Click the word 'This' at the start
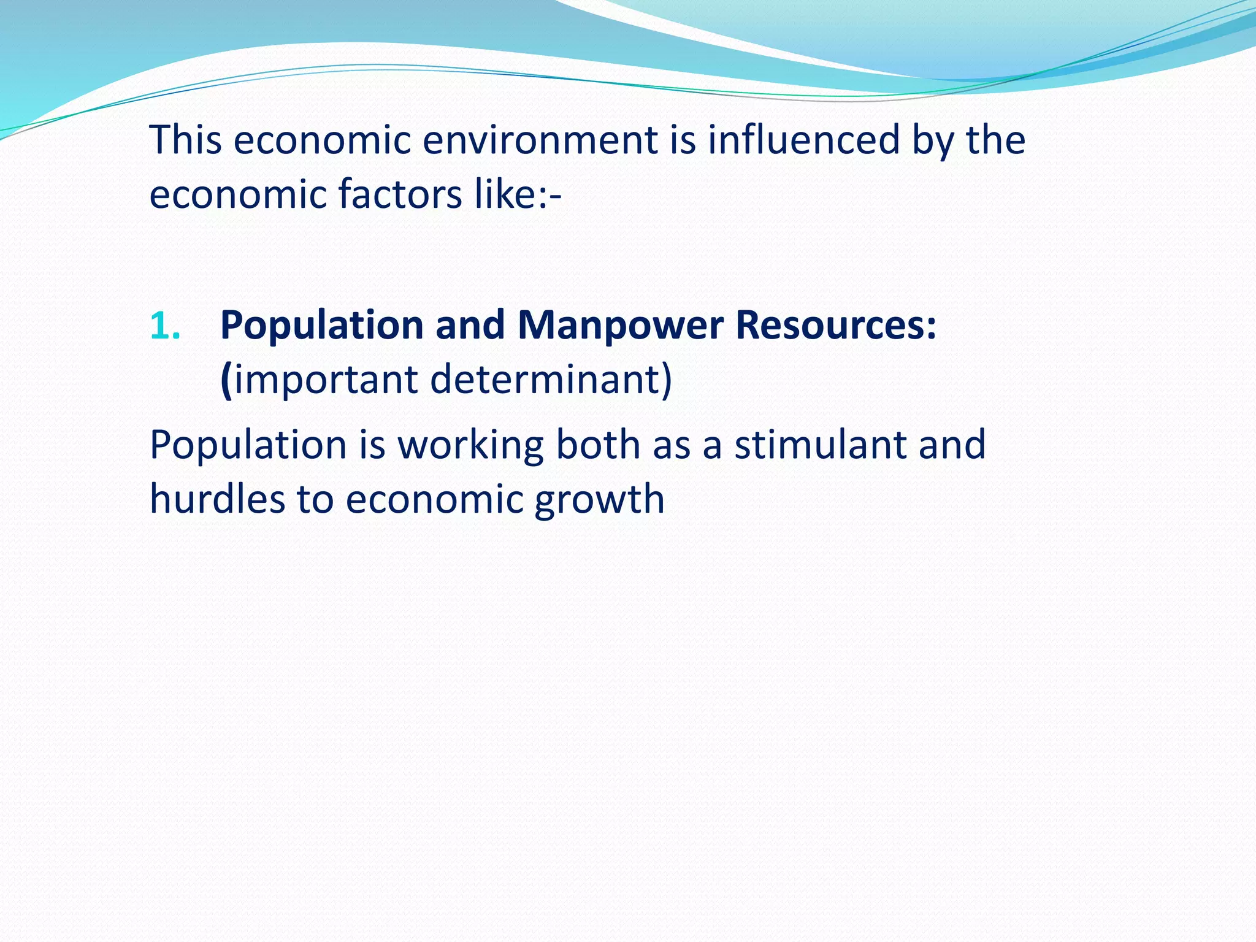[x=185, y=140]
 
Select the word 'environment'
[x=540, y=140]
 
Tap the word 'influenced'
[x=803, y=140]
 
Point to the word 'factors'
[x=400, y=194]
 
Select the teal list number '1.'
[x=165, y=325]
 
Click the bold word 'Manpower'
[x=620, y=325]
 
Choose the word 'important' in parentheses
[x=326, y=380]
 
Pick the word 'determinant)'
[x=551, y=380]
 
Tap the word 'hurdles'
[x=217, y=499]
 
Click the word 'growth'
[x=599, y=500]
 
